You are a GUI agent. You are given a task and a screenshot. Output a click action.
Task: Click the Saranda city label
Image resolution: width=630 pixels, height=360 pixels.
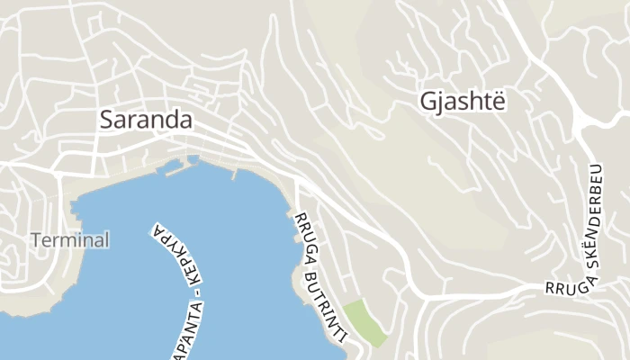point(147,120)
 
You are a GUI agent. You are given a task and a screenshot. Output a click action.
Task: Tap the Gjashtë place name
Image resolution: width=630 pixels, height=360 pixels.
point(463,102)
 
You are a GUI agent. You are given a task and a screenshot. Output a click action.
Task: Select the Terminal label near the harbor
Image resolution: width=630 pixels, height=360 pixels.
point(70,240)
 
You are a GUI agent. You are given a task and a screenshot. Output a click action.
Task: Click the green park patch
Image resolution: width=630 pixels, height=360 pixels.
point(365,323)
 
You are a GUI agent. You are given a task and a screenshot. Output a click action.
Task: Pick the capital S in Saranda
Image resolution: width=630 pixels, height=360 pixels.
point(108,120)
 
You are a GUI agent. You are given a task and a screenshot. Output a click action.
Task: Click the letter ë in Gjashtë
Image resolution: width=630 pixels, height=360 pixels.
point(499,102)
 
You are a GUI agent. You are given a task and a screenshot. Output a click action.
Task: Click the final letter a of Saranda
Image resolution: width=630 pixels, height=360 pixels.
point(186,120)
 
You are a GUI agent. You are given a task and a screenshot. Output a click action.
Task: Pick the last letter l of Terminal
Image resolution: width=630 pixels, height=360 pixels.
point(106,240)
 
